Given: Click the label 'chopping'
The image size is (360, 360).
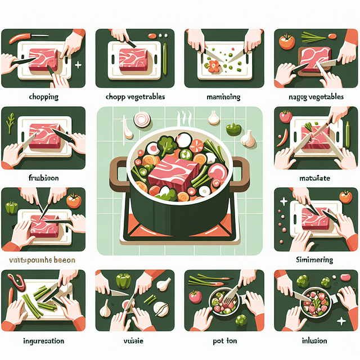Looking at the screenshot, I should pyautogui.click(x=43, y=97).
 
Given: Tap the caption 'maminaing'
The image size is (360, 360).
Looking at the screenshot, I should pyautogui.click(x=220, y=97).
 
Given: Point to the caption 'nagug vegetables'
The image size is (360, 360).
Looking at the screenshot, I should pyautogui.click(x=316, y=97).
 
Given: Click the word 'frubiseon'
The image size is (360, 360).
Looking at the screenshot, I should pyautogui.click(x=43, y=177).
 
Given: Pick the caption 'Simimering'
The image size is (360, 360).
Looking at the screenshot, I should pyautogui.click(x=315, y=260).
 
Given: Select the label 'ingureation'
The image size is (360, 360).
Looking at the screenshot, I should pyautogui.click(x=43, y=341).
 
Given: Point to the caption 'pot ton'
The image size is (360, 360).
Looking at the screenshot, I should pyautogui.click(x=221, y=341).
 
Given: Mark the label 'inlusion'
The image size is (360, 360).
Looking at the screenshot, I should pyautogui.click(x=315, y=341).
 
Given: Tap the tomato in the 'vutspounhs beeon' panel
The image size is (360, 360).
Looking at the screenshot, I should pyautogui.click(x=73, y=200).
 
